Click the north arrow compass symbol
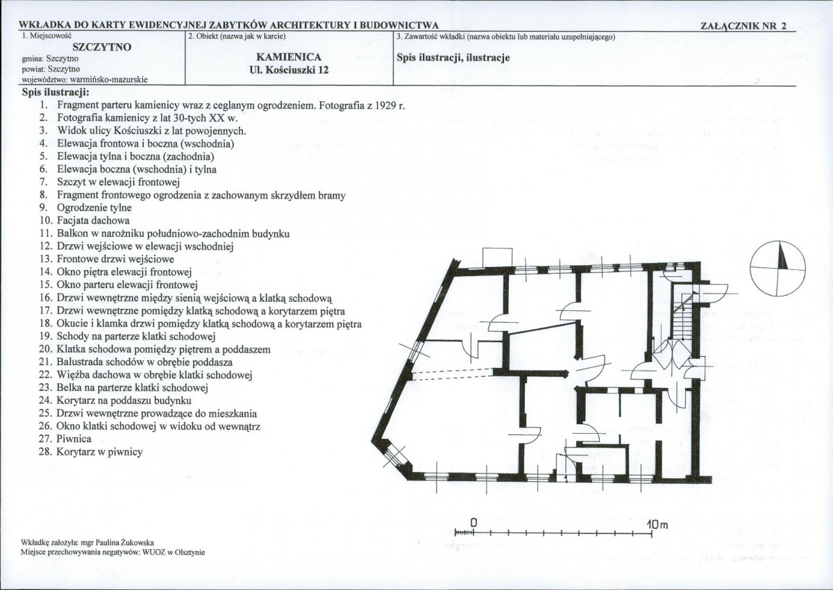(777, 268)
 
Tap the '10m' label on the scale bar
(657, 525)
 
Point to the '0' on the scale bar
(473, 523)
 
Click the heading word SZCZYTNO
(102, 47)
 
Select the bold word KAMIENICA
(289, 57)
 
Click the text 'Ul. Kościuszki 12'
(289, 70)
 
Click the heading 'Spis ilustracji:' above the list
(56, 92)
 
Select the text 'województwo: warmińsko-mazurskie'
(85, 80)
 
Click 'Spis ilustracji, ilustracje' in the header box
(453, 58)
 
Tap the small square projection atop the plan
(498, 258)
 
